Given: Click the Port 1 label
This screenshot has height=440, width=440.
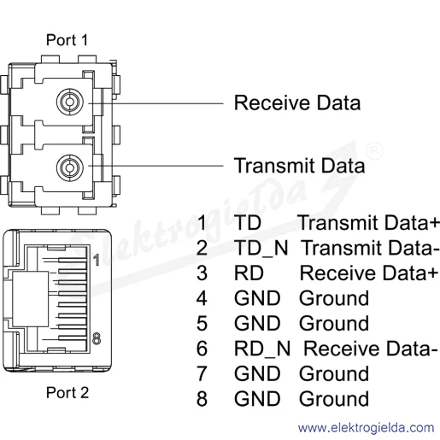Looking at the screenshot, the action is pyautogui.click(x=67, y=40).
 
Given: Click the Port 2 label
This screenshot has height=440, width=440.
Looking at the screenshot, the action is pyautogui.click(x=67, y=393).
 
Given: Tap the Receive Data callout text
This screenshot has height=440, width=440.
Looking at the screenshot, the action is pyautogui.click(x=297, y=103).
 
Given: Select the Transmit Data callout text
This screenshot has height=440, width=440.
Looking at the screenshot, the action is pyautogui.click(x=299, y=166).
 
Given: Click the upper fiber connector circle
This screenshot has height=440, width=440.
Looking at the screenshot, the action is pyautogui.click(x=70, y=102).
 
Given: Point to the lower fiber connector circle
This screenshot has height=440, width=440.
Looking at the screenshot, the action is pyautogui.click(x=70, y=167).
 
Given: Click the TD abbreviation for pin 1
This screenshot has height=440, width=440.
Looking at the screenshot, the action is pyautogui.click(x=248, y=223).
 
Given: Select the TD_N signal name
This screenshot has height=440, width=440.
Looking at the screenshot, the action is pyautogui.click(x=261, y=248).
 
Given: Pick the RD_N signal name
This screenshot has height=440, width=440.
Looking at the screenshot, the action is pyautogui.click(x=262, y=349).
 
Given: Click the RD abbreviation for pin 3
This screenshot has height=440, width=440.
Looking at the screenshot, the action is pyautogui.click(x=249, y=273).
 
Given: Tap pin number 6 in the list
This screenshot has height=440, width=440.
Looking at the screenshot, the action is pyautogui.click(x=202, y=349).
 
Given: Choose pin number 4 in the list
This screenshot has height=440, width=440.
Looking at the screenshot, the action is pyautogui.click(x=202, y=298).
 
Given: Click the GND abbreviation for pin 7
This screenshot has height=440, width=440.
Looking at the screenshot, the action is pyautogui.click(x=257, y=373).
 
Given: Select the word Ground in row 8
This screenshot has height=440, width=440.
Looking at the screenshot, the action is pyautogui.click(x=334, y=399).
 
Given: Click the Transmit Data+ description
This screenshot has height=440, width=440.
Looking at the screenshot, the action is pyautogui.click(x=368, y=223).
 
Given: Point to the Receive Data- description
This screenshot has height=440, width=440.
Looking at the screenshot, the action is pyautogui.click(x=371, y=349).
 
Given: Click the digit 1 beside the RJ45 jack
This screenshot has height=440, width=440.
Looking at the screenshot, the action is pyautogui.click(x=97, y=260).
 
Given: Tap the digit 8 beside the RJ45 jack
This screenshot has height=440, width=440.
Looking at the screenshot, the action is pyautogui.click(x=97, y=338).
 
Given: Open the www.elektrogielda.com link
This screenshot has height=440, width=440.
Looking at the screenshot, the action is pyautogui.click(x=367, y=428).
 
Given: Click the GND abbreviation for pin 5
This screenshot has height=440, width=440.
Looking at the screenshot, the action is pyautogui.click(x=257, y=324).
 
